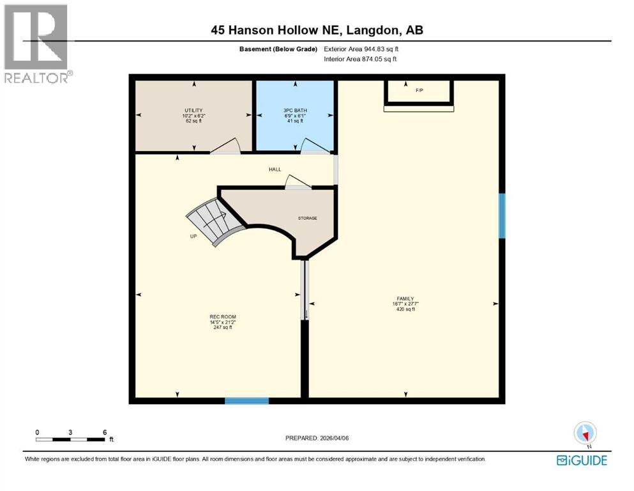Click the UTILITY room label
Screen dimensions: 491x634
click(193, 111)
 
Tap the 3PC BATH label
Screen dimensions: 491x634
click(296, 111)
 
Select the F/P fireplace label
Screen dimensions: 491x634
click(419, 90)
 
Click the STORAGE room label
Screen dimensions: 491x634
click(307, 218)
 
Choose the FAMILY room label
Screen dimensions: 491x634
click(405, 299)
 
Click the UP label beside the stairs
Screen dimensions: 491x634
click(193, 236)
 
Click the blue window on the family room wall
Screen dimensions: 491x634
click(502, 215)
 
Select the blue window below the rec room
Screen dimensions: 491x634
click(246, 401)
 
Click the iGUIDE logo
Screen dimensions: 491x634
click(582, 460)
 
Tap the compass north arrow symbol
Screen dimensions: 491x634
click(585, 433)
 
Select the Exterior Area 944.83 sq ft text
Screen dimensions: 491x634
click(365, 49)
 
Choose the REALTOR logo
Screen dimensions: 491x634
click(37, 43)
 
